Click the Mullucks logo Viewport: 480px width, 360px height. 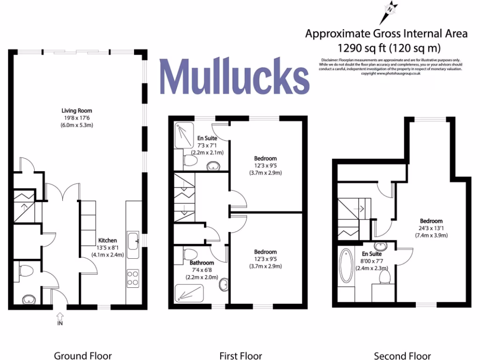[234, 76]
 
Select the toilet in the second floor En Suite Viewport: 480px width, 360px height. [384, 278]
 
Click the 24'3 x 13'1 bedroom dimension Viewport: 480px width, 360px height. [431, 228]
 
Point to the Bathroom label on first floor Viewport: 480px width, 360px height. [202, 263]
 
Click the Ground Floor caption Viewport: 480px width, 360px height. [83, 356]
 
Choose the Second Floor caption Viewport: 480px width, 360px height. [402, 356]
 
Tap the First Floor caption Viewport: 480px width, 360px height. [240, 356]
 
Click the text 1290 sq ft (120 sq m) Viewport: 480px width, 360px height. [386, 47]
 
